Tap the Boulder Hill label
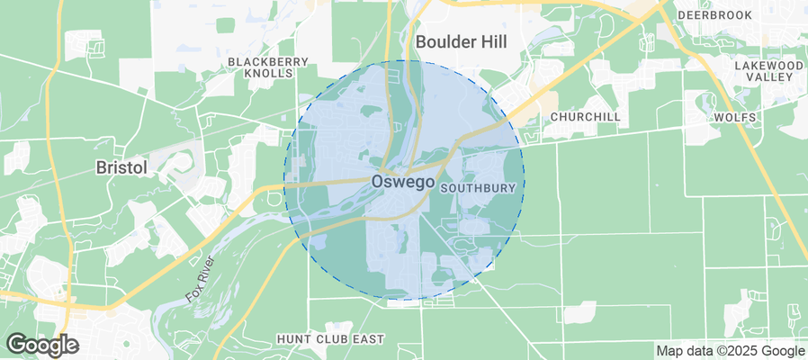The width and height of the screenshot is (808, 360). point(462,41)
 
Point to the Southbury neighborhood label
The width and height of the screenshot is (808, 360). point(478,188)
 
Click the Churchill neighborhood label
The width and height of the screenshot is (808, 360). point(585,117)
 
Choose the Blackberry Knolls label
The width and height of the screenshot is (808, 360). point(268,67)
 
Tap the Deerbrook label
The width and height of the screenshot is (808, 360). point(714,15)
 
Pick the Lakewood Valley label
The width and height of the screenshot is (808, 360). point(768,71)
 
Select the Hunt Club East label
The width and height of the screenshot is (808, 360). point(330,339)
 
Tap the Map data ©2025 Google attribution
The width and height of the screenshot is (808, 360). point(730,351)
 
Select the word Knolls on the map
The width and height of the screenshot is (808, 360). point(268,73)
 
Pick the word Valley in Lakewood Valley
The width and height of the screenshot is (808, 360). point(768,77)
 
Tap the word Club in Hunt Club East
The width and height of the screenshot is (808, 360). point(330,339)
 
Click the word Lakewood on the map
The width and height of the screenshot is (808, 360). point(768,66)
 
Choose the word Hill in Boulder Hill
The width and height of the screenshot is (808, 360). point(492,41)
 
